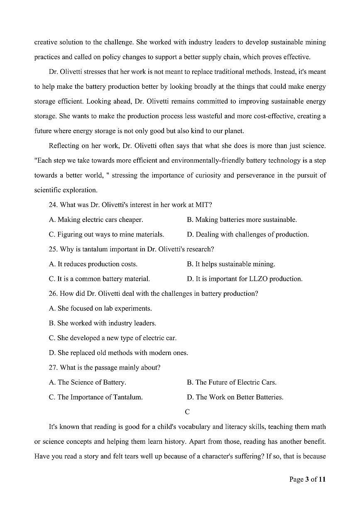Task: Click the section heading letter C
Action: click(187, 412)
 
